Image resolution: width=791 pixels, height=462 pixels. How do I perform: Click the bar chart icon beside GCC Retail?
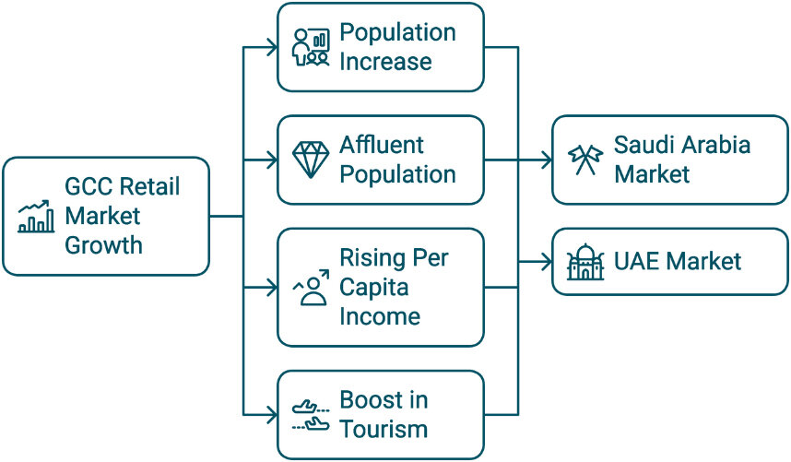point(36,217)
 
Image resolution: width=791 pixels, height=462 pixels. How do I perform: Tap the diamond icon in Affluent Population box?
point(312,160)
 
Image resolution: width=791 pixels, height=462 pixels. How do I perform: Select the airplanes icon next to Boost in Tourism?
point(312,415)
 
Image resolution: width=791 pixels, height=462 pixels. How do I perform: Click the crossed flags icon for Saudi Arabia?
point(585,160)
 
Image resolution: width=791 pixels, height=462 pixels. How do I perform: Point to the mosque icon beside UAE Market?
point(585,262)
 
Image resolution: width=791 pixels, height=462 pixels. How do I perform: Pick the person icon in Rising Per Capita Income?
point(312,288)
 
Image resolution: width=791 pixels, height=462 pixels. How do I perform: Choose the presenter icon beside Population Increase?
point(312,47)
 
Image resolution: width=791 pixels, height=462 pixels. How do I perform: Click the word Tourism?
point(384,429)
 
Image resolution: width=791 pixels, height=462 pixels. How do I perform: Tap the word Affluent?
point(382,145)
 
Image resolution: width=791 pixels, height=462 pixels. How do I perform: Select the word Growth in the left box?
point(103,245)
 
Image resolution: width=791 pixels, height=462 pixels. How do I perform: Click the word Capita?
point(373,288)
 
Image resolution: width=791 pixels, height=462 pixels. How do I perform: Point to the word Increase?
point(385,62)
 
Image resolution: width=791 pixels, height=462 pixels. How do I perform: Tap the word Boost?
point(371,400)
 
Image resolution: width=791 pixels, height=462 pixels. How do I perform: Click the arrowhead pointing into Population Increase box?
point(272,47)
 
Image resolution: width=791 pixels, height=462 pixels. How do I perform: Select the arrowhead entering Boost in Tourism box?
point(272,415)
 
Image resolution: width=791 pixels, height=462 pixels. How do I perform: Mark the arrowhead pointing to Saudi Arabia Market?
point(547,160)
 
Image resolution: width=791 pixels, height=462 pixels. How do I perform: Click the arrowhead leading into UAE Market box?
point(547,262)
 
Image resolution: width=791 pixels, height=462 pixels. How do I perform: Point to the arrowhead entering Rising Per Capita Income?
point(272,288)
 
